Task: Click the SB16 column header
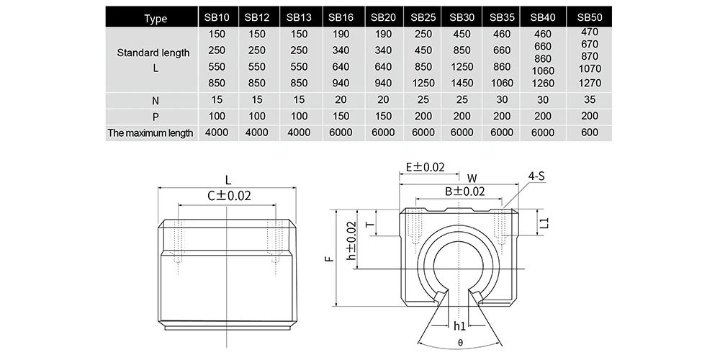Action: (x=341, y=17)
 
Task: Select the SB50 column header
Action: (x=590, y=17)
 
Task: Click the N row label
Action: (x=156, y=101)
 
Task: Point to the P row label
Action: (x=156, y=117)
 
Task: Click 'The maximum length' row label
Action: (x=150, y=133)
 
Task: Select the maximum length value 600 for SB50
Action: (x=590, y=132)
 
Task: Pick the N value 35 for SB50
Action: (x=590, y=99)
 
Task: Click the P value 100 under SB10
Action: (x=217, y=116)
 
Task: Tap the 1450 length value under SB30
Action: (x=462, y=83)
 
